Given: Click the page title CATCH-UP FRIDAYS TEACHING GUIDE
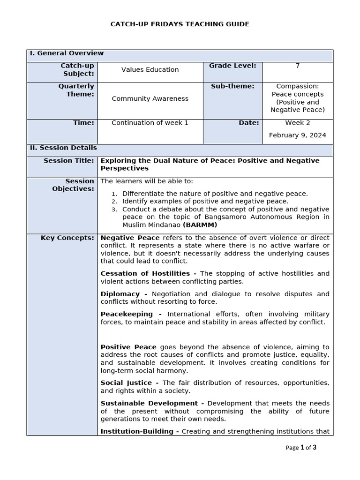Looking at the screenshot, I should pos(180,24).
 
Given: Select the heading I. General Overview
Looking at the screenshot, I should pos(67,53).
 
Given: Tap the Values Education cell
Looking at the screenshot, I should pos(150,70).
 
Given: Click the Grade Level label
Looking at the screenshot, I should pos(232,66).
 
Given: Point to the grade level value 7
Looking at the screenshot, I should pos(297,66).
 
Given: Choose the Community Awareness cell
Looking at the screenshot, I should pos(150,98).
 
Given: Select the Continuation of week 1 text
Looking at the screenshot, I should pos(150,123).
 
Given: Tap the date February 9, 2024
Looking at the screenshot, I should pos(297,135).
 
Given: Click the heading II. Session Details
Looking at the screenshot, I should pos(63,148).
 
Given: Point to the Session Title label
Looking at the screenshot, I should pos(69,161).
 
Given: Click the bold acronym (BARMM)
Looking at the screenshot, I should pos(200,225).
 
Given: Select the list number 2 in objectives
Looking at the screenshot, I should pos(114,202).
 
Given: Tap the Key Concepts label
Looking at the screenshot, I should pos(67,238).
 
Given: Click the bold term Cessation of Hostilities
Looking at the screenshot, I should pos(145,273).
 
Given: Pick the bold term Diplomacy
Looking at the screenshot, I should pos(120,294).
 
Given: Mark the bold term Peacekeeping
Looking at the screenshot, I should pos(127,314).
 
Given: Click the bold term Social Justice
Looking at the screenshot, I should pos(126,383).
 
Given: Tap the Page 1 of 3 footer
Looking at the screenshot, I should pos(300,448).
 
